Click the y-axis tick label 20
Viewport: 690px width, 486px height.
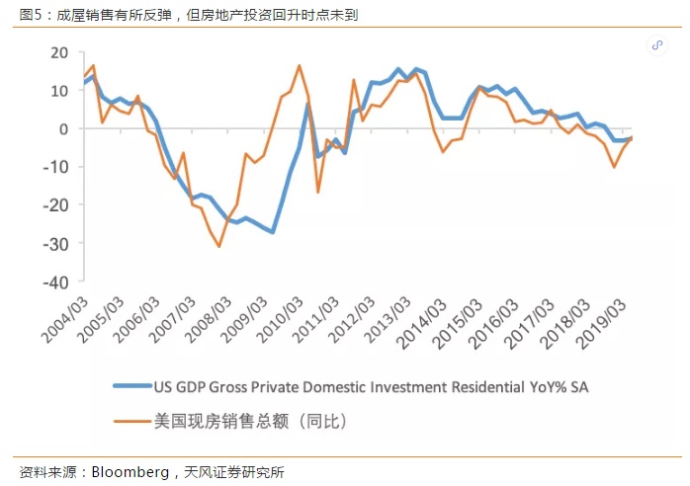coord(62,52)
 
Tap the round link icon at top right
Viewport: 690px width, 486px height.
coord(657,45)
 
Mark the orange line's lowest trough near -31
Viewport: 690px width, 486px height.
coord(218,246)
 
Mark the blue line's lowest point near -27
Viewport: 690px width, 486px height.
coord(273,232)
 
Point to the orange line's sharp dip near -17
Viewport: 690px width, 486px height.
coord(317,192)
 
